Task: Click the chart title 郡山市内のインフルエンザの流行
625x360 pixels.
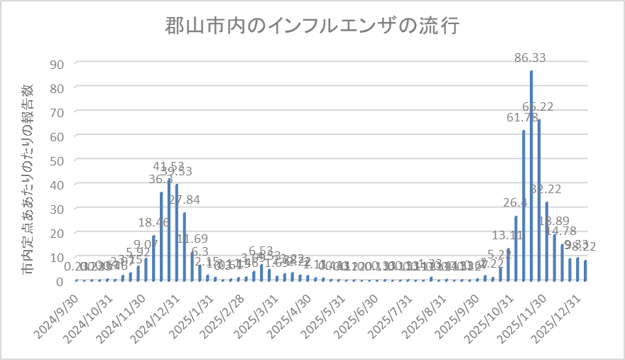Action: (x=312, y=26)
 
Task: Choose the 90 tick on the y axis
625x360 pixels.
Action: (x=57, y=63)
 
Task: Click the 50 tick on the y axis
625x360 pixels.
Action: (x=57, y=160)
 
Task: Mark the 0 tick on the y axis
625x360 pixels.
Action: (x=60, y=281)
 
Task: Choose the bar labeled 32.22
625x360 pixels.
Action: (x=547, y=241)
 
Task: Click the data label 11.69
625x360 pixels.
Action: (x=192, y=239)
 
